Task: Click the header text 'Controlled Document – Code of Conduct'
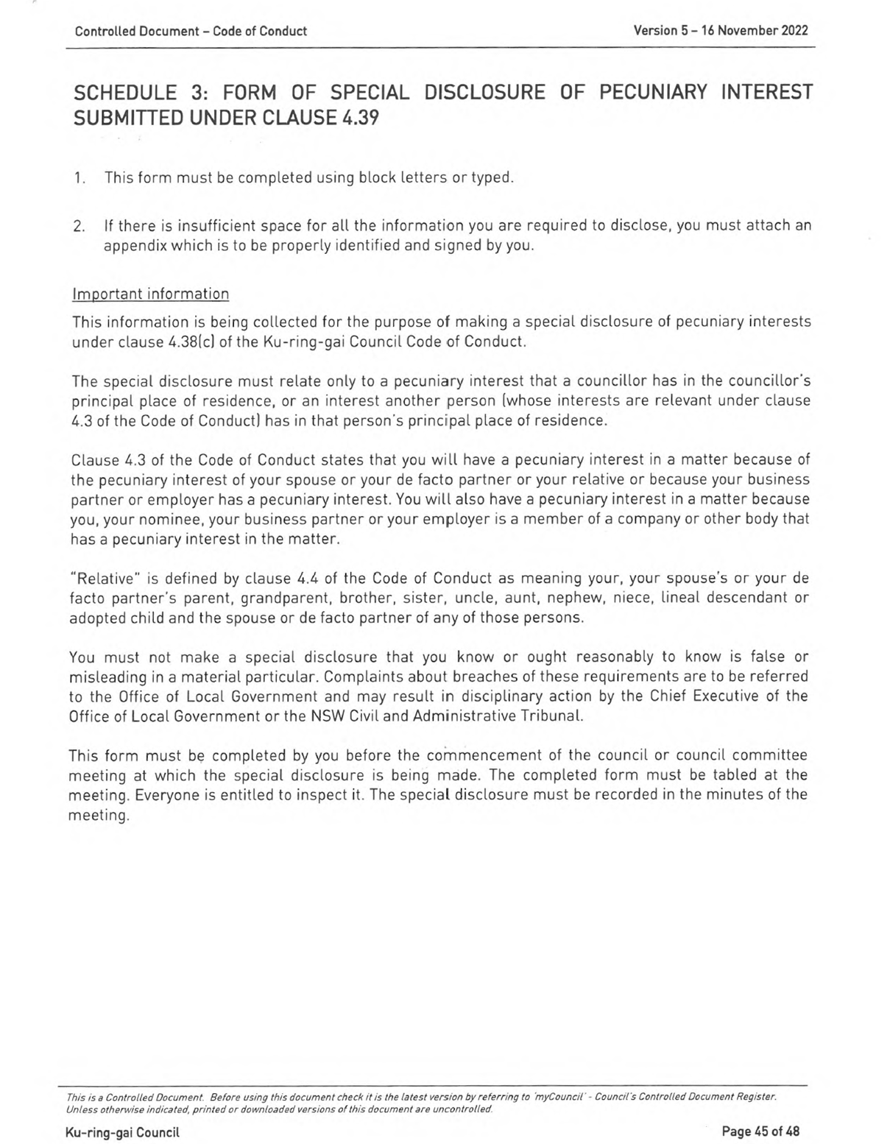pyautogui.click(x=191, y=31)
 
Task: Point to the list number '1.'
pyautogui.click(x=80, y=178)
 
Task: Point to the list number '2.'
pyautogui.click(x=80, y=226)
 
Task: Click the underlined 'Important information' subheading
pyautogui.click(x=150, y=294)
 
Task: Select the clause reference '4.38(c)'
pyautogui.click(x=193, y=342)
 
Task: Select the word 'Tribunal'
pyautogui.click(x=552, y=716)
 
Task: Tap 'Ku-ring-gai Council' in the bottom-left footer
pyautogui.click(x=122, y=1132)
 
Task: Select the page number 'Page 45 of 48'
pyautogui.click(x=760, y=1131)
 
